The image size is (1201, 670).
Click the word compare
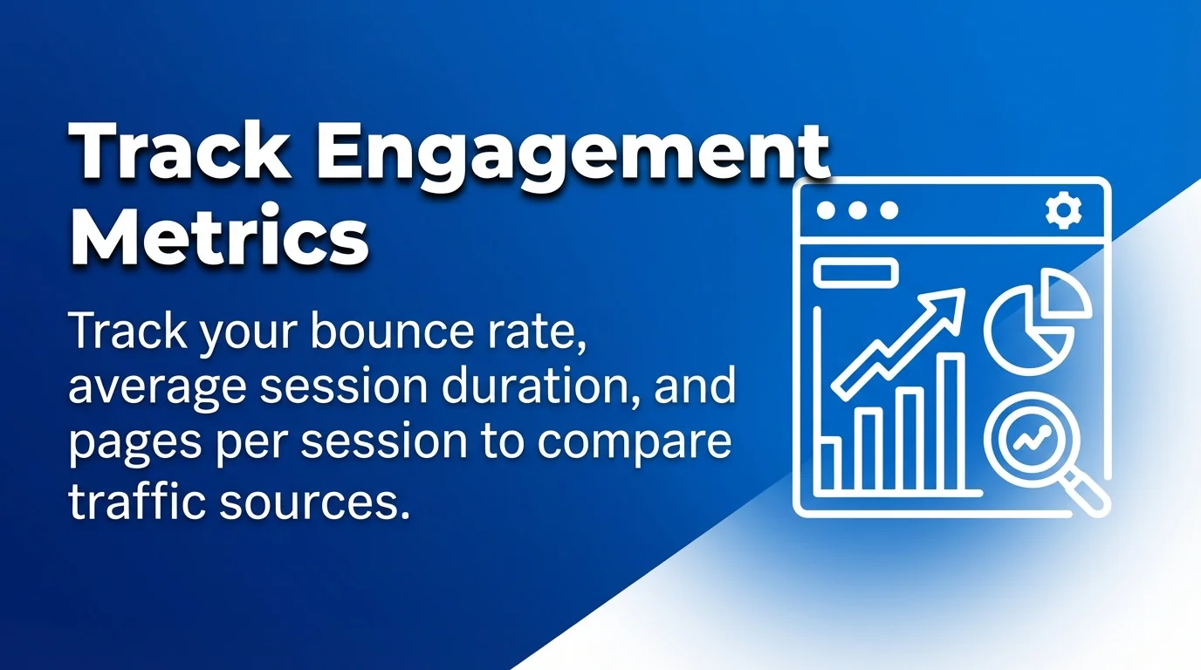point(635,441)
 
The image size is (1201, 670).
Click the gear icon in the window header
point(1063,211)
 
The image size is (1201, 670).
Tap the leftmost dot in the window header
point(825,211)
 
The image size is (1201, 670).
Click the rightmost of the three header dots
point(889,211)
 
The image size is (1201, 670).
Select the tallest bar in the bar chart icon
point(951,423)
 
